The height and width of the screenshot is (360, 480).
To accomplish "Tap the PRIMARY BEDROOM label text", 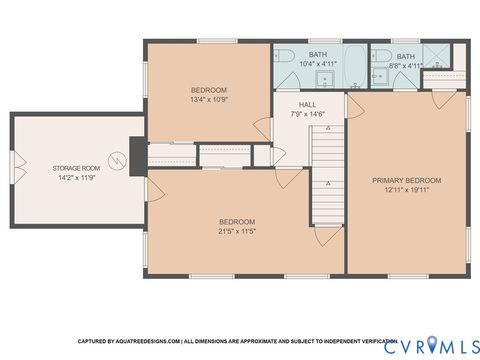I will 406,181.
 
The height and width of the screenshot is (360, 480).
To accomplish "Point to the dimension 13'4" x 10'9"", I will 210,99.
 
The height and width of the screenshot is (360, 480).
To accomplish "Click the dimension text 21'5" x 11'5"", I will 237,231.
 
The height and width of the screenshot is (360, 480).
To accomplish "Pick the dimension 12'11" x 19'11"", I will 406,190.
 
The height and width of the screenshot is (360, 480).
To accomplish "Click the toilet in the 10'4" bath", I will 283,55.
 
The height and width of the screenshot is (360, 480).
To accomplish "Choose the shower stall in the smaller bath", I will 438,56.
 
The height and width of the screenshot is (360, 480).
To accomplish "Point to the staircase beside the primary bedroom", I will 326,180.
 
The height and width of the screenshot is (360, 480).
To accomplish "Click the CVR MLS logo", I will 424,344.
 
